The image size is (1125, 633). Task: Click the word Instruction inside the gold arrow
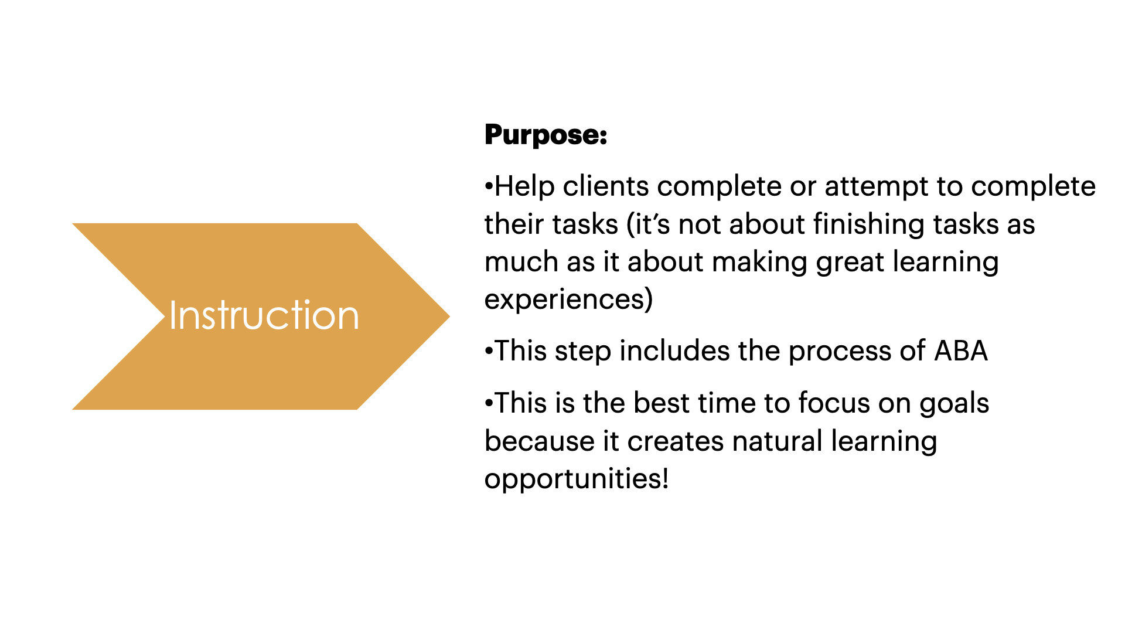[264, 315]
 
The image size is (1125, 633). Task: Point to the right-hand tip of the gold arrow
[449, 316]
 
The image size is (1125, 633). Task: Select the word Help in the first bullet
[524, 187]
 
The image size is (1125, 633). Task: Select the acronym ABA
[961, 352]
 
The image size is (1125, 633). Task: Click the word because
[551, 441]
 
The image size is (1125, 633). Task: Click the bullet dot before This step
[489, 352]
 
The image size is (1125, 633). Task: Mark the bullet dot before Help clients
[489, 187]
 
